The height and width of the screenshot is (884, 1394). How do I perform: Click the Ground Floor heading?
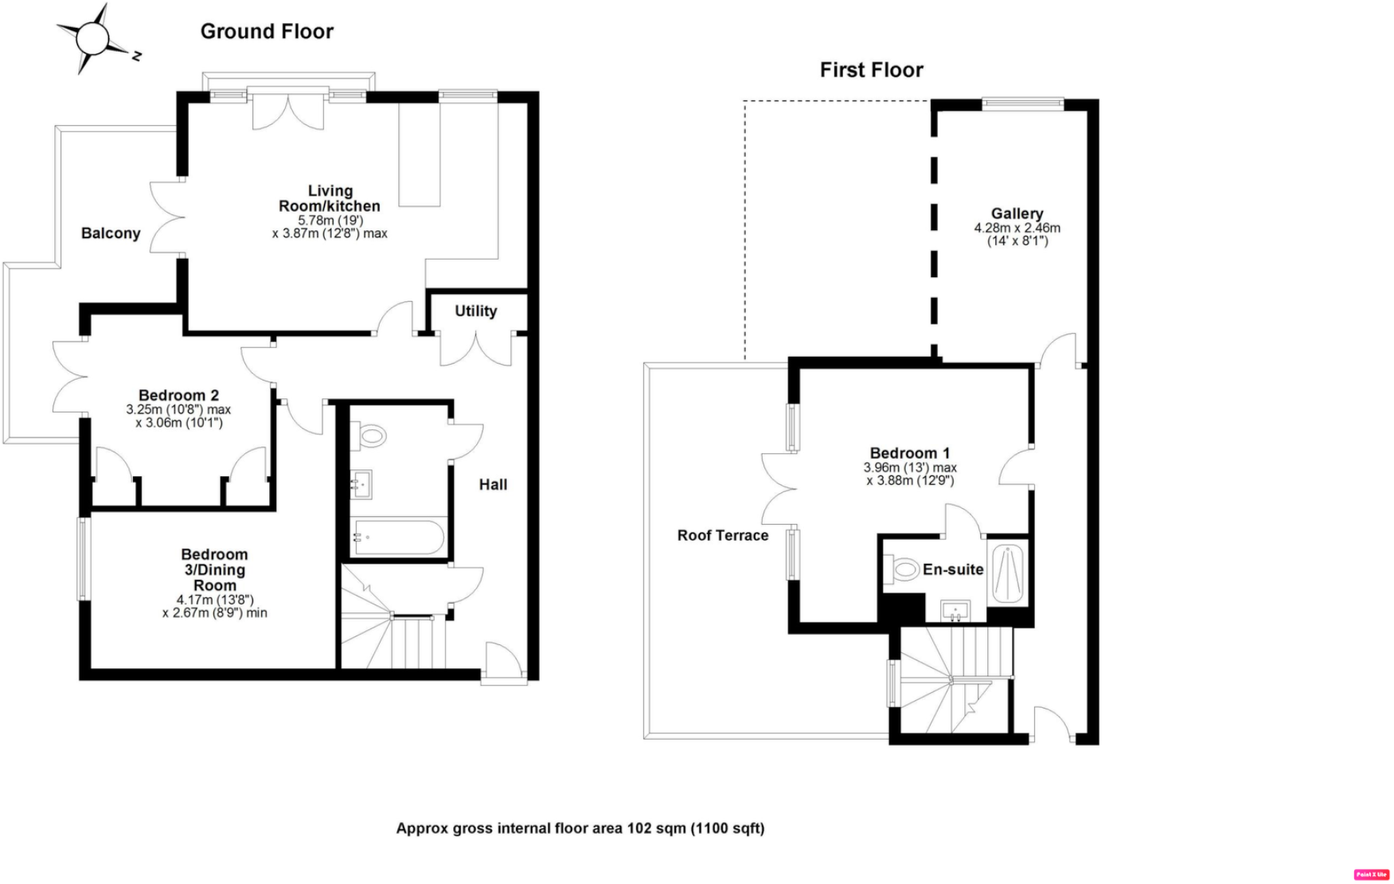click(267, 32)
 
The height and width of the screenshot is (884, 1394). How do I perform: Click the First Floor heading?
click(871, 70)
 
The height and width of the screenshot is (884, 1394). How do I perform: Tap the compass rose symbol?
click(93, 37)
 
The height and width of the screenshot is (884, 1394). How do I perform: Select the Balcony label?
click(111, 233)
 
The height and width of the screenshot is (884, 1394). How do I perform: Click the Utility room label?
click(476, 311)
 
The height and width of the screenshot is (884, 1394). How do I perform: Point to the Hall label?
click(493, 484)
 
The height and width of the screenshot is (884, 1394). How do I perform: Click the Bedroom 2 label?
click(178, 395)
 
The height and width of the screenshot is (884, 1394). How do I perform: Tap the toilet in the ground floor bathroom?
click(370, 436)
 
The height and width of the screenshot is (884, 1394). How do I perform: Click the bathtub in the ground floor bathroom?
click(398, 538)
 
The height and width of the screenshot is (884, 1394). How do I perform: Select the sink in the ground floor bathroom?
click(361, 483)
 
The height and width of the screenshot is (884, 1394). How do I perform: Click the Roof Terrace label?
click(722, 536)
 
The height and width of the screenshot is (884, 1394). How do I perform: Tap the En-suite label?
click(953, 569)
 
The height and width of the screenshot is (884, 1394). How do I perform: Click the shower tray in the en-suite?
click(1008, 574)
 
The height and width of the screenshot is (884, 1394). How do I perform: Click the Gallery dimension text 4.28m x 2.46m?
click(1017, 228)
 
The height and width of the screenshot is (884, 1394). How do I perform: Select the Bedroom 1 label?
click(909, 453)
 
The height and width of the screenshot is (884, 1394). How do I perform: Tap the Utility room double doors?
click(476, 349)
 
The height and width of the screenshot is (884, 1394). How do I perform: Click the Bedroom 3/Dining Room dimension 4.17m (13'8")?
click(215, 600)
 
